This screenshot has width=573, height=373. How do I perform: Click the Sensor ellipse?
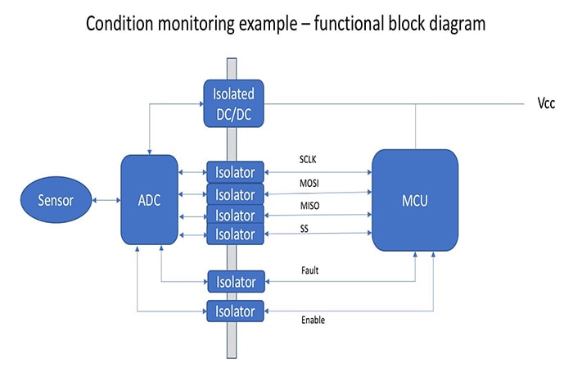point(55,199)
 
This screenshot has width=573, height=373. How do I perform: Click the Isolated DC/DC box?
point(234,103)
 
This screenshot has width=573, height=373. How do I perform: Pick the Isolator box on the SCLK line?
point(235,173)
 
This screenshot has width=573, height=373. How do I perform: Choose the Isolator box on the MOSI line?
point(235,194)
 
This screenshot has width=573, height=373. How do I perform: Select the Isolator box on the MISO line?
point(235,215)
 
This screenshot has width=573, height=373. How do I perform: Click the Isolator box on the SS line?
point(235,234)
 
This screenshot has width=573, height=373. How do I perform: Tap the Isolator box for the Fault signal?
point(235,282)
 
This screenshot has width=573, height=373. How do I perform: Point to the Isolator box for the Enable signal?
point(235,312)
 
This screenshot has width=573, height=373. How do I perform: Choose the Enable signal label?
point(314,320)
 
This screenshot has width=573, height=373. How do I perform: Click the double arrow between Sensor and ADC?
point(106,200)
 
